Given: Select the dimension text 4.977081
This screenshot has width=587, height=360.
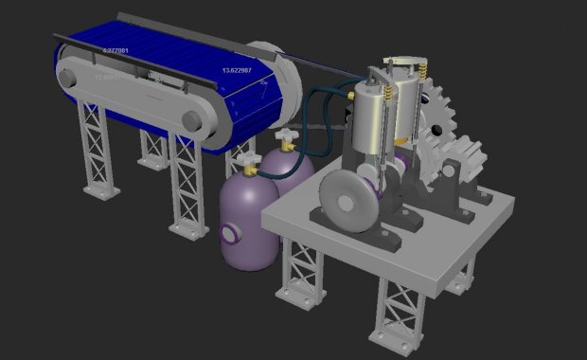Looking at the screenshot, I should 115,50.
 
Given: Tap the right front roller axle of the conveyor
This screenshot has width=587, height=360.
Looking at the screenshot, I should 192,121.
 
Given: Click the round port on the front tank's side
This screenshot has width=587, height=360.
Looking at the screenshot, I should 229,232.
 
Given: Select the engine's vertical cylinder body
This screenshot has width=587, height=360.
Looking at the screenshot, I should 370,123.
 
